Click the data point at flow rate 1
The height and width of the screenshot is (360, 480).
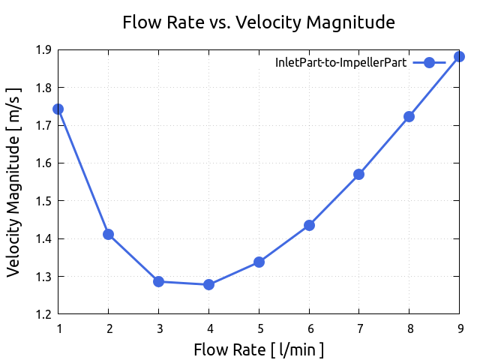58,109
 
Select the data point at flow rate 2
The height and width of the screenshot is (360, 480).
108,234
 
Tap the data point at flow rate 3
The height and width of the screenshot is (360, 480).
158,281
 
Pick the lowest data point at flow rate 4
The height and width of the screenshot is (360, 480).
208,284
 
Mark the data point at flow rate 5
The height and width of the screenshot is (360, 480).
259,262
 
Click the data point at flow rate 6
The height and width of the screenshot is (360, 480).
309,225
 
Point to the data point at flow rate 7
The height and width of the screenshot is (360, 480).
358,174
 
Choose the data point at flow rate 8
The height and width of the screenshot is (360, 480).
409,116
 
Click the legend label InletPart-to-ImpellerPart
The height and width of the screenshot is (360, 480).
342,63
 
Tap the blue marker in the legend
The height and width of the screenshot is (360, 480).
430,63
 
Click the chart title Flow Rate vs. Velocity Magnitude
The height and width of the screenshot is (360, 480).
259,23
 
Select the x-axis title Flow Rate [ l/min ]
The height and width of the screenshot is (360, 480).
259,349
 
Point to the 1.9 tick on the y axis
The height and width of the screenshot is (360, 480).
43,50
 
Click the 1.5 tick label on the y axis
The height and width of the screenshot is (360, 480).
43,201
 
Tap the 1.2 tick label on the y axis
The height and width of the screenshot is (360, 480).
43,314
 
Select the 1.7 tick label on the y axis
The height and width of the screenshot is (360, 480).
43,126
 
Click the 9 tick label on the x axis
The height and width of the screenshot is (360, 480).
459,328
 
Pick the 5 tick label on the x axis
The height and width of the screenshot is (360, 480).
259,328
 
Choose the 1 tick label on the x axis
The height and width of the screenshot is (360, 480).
58,328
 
